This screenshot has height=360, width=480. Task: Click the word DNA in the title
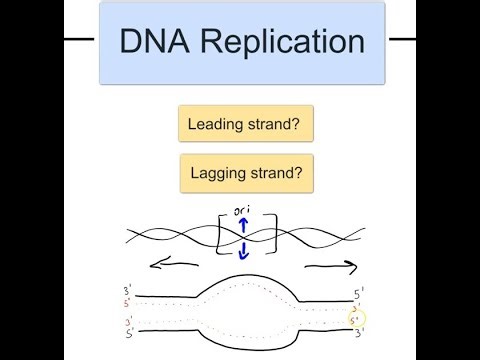point(154,41)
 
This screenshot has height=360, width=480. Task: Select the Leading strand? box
point(245,125)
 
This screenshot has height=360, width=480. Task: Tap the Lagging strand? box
point(246,173)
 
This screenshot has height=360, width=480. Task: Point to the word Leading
point(218,125)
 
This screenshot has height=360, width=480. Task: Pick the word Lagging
point(220,174)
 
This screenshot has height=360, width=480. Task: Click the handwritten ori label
point(241,211)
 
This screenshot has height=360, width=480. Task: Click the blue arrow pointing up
point(242,229)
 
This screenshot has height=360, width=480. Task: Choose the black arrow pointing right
point(330,267)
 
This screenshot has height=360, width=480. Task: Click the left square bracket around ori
point(219,236)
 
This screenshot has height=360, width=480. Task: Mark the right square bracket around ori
point(264,236)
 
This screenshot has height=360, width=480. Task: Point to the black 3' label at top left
point(126,292)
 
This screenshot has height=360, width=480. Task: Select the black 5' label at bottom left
point(126,331)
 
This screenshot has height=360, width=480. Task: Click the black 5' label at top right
point(358,293)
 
